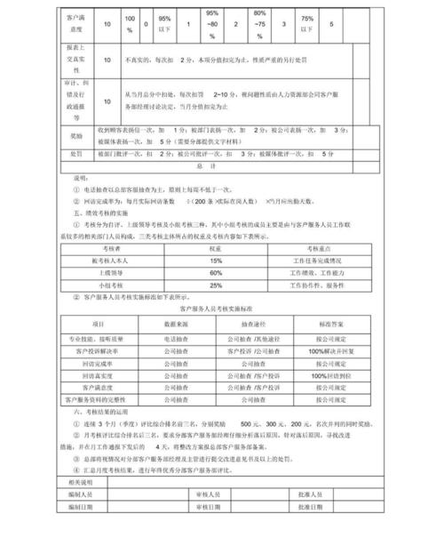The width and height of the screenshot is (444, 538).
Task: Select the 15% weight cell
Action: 216,260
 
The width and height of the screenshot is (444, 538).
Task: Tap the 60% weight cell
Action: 216,273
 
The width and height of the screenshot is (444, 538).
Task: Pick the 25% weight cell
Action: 216,285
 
